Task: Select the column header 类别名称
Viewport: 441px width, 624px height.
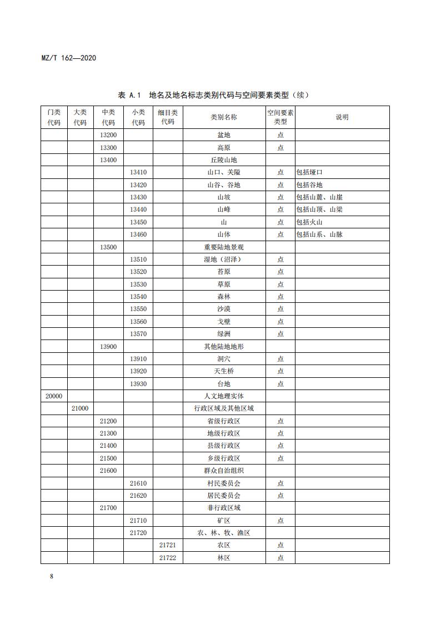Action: tap(224, 117)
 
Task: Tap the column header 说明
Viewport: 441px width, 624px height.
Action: tap(342, 117)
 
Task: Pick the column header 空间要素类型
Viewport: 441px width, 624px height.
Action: tap(280, 117)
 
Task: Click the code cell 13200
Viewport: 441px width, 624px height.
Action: tap(108, 135)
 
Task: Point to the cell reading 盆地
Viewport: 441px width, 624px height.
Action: tap(224, 135)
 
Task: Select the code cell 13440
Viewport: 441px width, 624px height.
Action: tap(138, 209)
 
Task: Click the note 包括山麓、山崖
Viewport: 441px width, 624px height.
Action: tap(319, 197)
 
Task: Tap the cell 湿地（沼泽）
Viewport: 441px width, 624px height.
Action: tap(224, 259)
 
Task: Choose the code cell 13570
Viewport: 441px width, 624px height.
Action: tap(138, 334)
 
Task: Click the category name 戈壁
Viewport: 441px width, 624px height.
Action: tap(224, 322)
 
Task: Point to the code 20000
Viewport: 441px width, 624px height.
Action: tap(54, 396)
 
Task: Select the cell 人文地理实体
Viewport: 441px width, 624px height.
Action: tap(224, 396)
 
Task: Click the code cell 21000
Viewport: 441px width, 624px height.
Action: tap(81, 408)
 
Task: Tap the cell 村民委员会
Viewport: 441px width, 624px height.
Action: tap(224, 483)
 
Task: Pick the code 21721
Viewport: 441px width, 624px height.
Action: tap(168, 545)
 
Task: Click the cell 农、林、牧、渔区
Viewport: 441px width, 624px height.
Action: tap(224, 533)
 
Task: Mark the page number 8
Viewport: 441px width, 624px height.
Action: tap(52, 576)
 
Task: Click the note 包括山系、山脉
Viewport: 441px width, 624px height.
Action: tap(319, 234)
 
